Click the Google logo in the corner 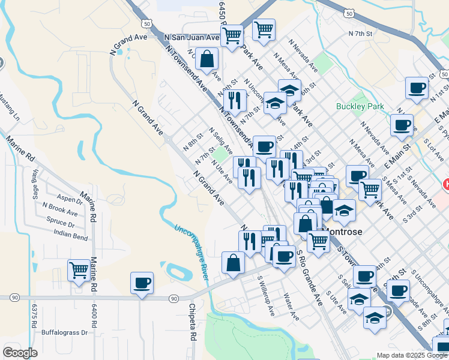(20, 353)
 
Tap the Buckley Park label (360, 106)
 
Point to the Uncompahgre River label (191, 253)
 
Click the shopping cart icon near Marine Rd (79, 271)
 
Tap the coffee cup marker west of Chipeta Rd (142, 283)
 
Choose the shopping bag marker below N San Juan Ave (206, 59)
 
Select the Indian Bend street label (71, 233)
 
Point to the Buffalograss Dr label (65, 332)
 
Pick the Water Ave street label (291, 306)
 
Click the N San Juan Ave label (192, 37)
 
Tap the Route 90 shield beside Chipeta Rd (173, 298)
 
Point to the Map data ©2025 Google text (411, 355)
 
